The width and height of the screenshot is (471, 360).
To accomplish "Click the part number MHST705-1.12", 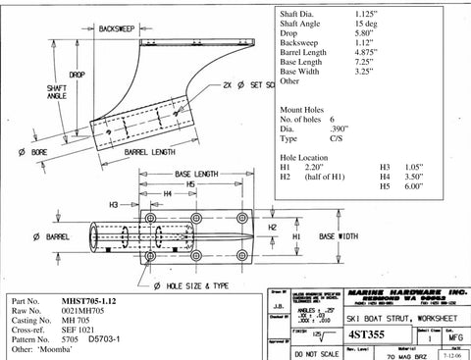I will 95,298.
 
